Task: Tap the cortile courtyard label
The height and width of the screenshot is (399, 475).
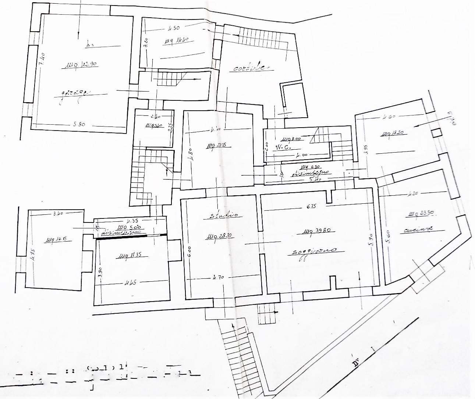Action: tap(251, 68)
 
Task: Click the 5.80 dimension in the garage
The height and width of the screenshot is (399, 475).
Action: tap(79, 124)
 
